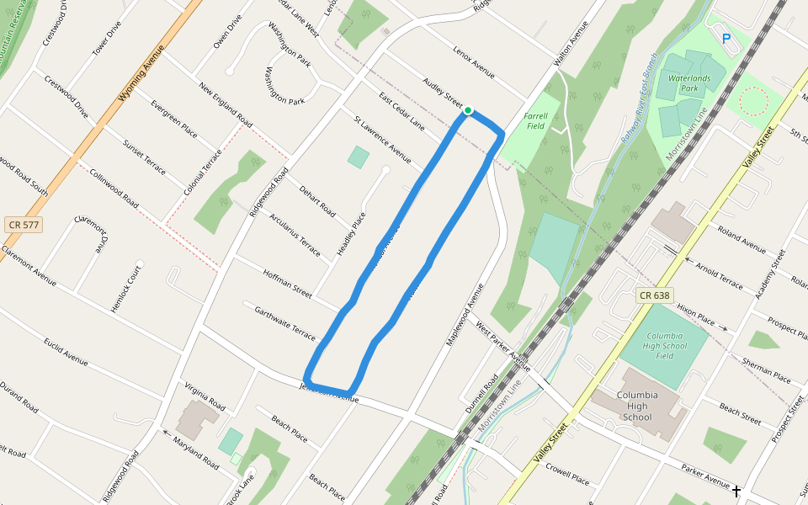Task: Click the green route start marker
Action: tap(468, 110)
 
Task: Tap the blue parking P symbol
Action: tap(726, 38)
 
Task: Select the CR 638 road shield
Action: tap(654, 295)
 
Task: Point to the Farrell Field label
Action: tap(535, 121)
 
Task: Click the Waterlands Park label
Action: tap(683, 82)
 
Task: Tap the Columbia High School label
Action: tap(636, 406)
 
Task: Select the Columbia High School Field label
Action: tap(664, 345)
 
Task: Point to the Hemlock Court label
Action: tap(126, 290)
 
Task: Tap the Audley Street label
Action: tap(443, 93)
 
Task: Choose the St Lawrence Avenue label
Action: tap(383, 139)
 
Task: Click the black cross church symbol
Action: tap(736, 491)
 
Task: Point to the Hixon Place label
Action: tap(695, 315)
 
